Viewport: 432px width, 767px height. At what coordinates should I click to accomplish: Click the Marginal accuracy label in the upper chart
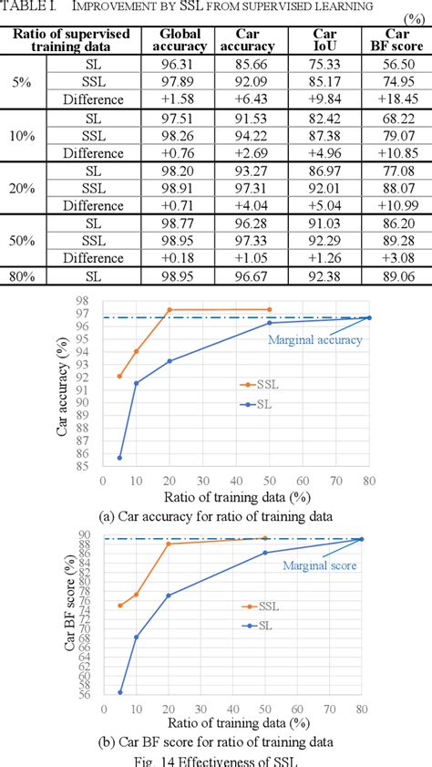pos(314,340)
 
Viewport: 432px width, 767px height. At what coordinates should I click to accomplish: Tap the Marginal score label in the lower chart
pos(318,565)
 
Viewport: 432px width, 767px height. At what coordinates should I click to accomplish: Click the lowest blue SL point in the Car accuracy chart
pos(119,458)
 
